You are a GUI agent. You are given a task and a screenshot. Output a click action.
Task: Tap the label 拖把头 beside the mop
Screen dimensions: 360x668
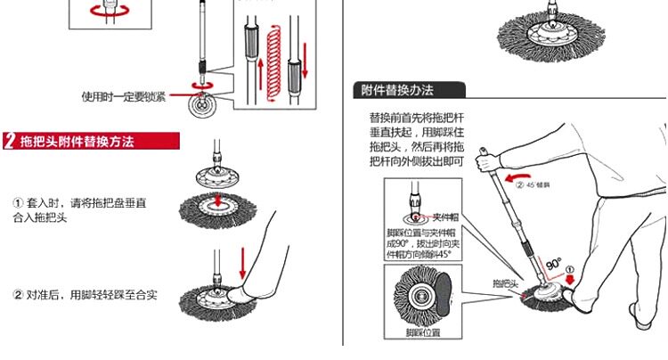pos(506,283)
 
